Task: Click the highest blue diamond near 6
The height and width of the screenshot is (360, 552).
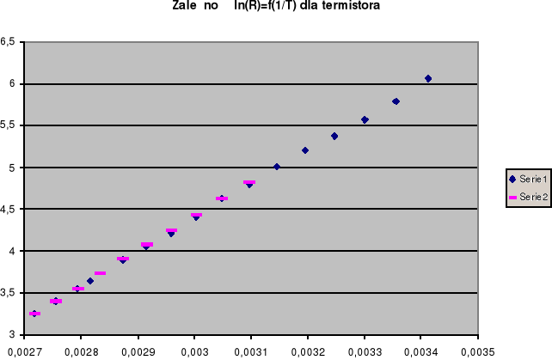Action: coord(428,79)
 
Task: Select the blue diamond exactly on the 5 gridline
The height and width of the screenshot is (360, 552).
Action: coord(277,167)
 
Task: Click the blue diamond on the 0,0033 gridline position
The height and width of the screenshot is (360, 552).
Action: coord(365,119)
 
